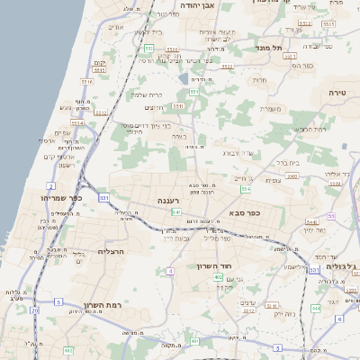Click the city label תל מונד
click(270, 47)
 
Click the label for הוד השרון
click(214, 266)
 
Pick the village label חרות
click(260, 81)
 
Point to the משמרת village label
click(272, 109)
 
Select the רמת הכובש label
click(310, 129)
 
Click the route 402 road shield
click(218, 278)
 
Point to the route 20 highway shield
click(34, 310)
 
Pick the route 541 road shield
click(176, 211)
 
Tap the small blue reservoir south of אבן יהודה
click(184, 77)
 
